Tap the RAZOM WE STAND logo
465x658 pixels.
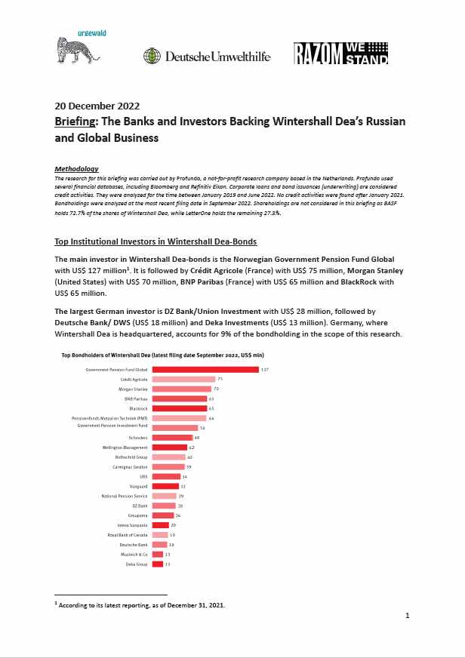pyautogui.click(x=340, y=53)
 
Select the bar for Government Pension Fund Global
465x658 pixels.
pyautogui.click(x=205, y=370)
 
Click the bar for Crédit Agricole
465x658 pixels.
pyautogui.click(x=183, y=379)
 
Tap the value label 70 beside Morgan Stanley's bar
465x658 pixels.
pyautogui.click(x=216, y=389)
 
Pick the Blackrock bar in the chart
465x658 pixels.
pyautogui.click(x=179, y=408)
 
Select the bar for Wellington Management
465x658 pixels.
pyautogui.click(x=169, y=447)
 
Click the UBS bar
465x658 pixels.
pyautogui.click(x=166, y=476)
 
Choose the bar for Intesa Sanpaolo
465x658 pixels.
pyautogui.click(x=160, y=524)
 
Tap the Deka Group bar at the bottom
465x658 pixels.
pyautogui.click(x=158, y=564)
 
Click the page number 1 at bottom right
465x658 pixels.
pyautogui.click(x=407, y=616)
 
